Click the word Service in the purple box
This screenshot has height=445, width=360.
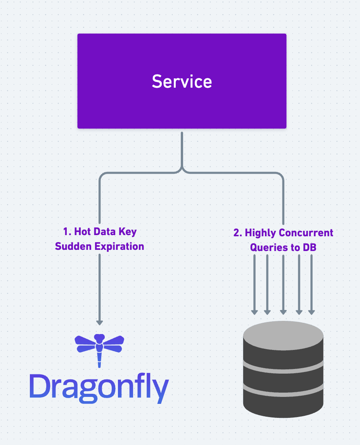point(182,81)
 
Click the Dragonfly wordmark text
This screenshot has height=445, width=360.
point(99,388)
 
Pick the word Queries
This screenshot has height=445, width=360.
point(266,247)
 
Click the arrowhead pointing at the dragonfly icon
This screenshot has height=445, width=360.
point(99,322)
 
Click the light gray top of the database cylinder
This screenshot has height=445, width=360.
point(283,332)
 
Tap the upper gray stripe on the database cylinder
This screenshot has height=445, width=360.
point(283,366)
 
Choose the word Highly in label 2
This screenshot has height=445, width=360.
point(260,233)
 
